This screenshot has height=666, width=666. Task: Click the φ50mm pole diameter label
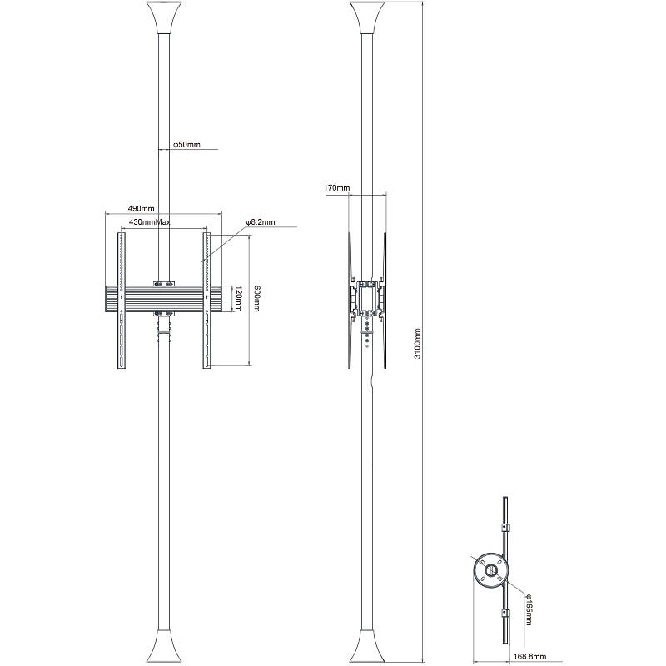click(x=186, y=145)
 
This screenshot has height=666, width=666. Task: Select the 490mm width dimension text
click(x=141, y=208)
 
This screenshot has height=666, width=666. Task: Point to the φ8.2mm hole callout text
click(x=260, y=223)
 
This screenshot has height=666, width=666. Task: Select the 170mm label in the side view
click(x=336, y=188)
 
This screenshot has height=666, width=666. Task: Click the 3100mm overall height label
click(x=419, y=343)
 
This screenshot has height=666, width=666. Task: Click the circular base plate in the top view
click(x=489, y=571)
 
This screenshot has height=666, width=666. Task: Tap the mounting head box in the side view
click(x=367, y=297)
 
